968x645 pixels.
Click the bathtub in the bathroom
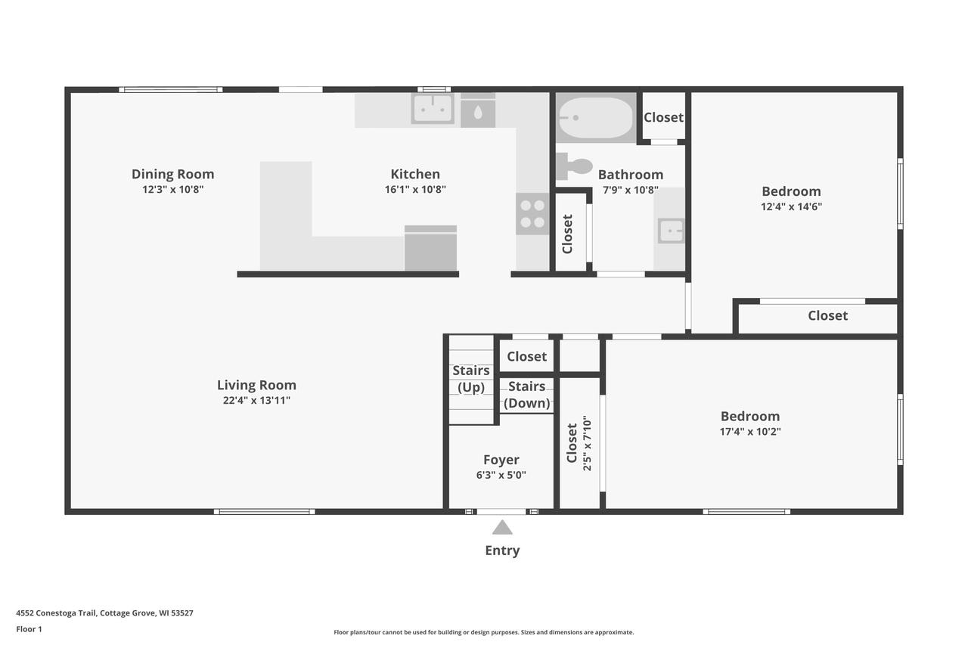(596, 117)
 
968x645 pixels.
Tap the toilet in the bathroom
(576, 166)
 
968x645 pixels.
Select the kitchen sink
(433, 108)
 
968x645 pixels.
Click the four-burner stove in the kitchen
(532, 213)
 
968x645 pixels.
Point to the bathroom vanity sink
(670, 231)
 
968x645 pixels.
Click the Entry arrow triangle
(502, 527)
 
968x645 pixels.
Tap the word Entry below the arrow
(502, 550)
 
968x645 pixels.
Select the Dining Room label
(172, 174)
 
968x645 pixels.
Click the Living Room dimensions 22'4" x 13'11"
(256, 401)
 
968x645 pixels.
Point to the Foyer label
(501, 460)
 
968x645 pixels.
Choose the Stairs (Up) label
(470, 379)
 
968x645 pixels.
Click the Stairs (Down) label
(526, 395)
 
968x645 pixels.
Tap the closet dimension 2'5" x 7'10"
(587, 443)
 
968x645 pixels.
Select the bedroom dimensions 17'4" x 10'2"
(749, 432)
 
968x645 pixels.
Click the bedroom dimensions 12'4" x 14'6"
(791, 206)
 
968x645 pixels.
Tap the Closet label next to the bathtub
(663, 117)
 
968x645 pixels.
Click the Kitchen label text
(415, 174)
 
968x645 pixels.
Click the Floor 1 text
(29, 629)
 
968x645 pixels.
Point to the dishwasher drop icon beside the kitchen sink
(478, 112)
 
